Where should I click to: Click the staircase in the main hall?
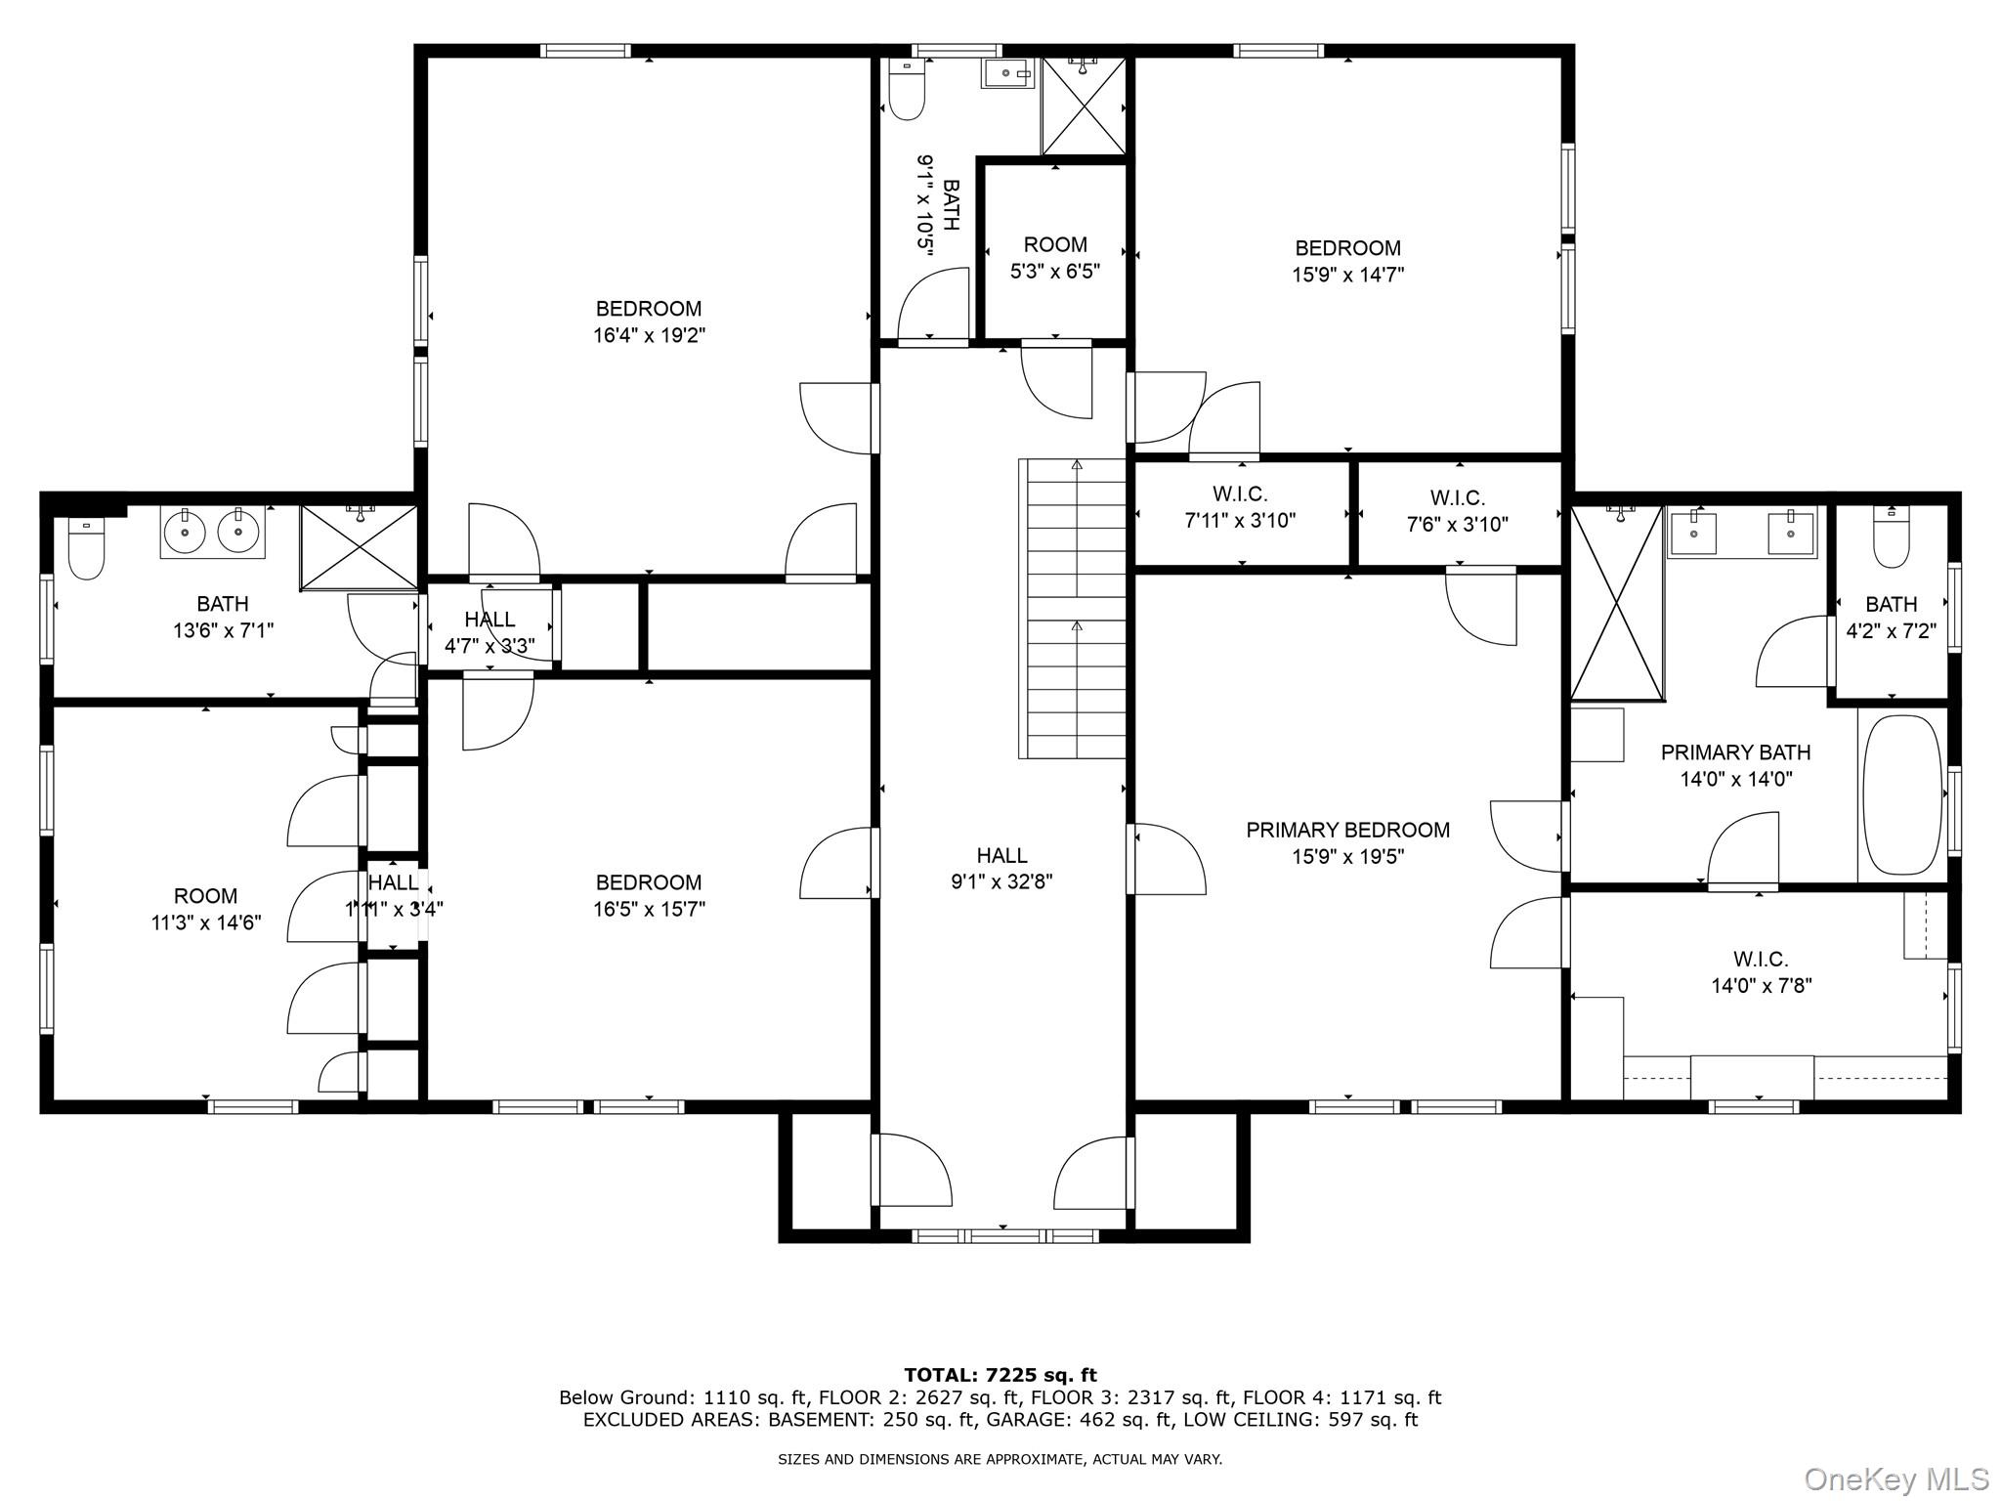(1073, 608)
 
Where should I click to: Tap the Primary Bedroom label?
(1347, 831)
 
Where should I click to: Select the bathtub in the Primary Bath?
(1901, 794)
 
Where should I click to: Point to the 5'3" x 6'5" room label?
(1055, 258)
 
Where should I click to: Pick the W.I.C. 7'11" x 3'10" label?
(1240, 507)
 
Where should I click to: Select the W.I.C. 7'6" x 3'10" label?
(1457, 511)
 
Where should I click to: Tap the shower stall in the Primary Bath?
(1616, 602)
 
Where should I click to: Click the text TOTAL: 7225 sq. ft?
(1000, 1376)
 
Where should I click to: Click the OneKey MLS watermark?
(1895, 1479)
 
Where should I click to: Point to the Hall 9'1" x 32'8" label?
(1001, 868)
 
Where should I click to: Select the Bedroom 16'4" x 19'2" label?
(649, 322)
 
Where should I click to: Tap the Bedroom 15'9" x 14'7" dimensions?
(1347, 276)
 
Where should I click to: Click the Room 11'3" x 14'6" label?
(205, 909)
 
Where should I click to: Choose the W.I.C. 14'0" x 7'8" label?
(1761, 972)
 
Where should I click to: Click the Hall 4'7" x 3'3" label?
(490, 632)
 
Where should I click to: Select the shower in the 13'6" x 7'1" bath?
(360, 547)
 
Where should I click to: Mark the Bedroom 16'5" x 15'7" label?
(649, 895)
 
